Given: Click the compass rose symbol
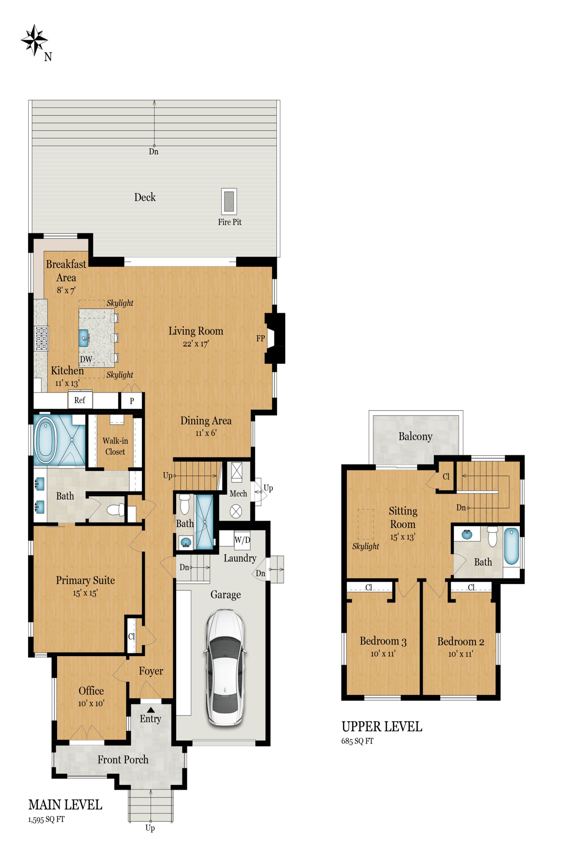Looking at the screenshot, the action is click(34, 40).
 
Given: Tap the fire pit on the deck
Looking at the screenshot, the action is click(229, 201).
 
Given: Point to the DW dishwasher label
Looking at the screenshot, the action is click(86, 359).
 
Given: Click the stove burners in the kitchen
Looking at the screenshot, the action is click(41, 338).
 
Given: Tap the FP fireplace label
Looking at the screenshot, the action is click(260, 338).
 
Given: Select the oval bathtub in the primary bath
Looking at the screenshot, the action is click(45, 440).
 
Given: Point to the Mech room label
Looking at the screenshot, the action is click(238, 494).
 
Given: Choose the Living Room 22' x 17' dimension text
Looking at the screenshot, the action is click(196, 344).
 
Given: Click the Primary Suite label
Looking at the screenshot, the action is click(85, 580).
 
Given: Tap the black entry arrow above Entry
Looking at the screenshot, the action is click(151, 710).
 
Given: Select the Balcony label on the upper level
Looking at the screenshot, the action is click(415, 436).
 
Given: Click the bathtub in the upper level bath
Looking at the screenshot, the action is click(512, 546).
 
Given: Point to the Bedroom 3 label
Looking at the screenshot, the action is click(383, 641).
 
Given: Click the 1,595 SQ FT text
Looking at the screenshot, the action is click(47, 819).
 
